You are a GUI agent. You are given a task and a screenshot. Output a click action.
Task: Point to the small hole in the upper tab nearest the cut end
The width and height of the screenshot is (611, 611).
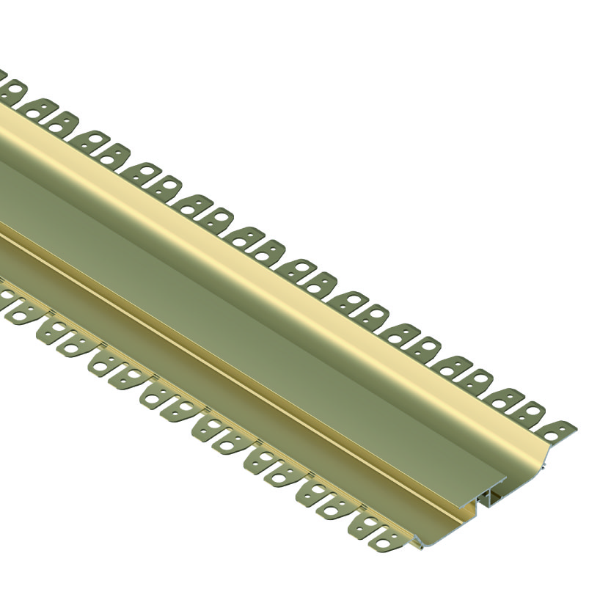(563, 428)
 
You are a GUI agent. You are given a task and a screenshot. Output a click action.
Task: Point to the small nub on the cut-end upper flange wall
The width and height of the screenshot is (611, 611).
(544, 467)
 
